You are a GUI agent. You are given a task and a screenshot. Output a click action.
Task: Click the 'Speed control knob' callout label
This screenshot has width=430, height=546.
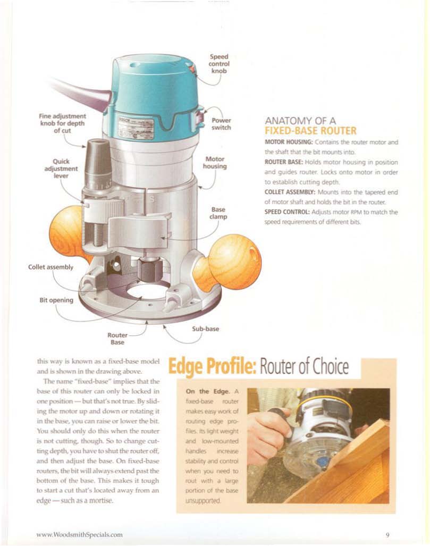coord(219,64)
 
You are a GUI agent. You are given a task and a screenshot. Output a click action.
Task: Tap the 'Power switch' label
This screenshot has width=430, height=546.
coord(221,124)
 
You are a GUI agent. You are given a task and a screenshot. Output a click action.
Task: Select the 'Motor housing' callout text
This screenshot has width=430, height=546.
coord(215,163)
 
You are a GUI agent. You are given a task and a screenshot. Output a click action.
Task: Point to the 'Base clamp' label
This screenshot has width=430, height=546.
coord(218,213)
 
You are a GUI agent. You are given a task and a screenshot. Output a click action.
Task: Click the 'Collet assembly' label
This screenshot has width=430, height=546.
coord(51,267)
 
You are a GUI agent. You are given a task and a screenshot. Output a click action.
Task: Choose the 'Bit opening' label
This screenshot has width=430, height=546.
coord(56,300)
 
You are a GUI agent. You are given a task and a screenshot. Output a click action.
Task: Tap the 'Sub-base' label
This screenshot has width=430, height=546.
coord(205,329)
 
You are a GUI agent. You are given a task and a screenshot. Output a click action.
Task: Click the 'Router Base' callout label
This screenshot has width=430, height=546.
coord(117,339)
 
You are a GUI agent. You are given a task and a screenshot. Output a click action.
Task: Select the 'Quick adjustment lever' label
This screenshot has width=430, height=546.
coord(61,169)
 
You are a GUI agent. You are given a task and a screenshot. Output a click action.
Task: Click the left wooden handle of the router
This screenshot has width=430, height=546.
coord(68,233)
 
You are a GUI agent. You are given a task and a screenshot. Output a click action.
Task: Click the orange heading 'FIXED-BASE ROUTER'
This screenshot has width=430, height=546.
coord(310,131)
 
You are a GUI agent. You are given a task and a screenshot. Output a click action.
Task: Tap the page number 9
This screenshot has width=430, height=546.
coord(387,535)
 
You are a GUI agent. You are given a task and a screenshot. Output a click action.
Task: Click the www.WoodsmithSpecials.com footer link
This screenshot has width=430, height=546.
coord(79,534)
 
